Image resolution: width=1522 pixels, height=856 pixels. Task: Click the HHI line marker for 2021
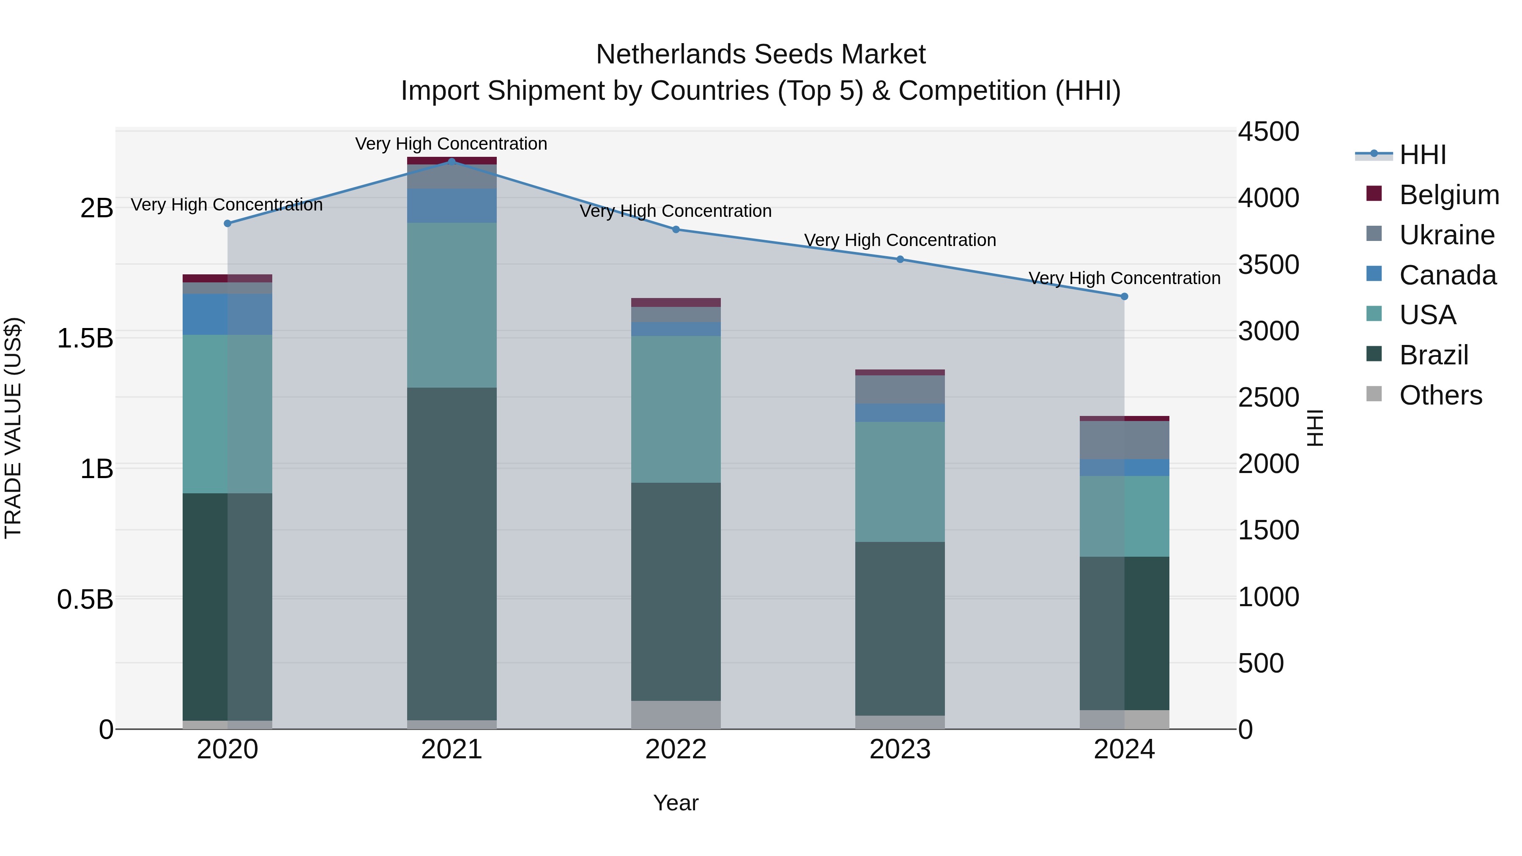click(x=452, y=162)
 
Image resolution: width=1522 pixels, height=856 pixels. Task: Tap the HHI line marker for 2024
click(x=1124, y=297)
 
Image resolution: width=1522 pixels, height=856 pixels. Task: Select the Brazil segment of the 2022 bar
click(x=676, y=591)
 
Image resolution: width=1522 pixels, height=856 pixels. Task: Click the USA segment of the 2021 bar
click(x=452, y=305)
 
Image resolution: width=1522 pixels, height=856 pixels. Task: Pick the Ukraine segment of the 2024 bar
click(x=1124, y=440)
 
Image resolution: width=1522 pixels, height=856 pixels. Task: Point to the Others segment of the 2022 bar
click(x=676, y=715)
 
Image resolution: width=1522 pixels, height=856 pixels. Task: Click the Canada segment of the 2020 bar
click(x=227, y=314)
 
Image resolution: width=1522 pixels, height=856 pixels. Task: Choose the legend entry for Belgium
click(x=1449, y=195)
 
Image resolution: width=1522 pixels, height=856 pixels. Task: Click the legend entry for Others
click(x=1440, y=395)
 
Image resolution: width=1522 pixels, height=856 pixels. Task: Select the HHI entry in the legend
click(x=1422, y=155)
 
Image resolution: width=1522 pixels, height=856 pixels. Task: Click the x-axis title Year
click(x=676, y=803)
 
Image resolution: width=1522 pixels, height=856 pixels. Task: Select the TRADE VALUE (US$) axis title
click(x=13, y=428)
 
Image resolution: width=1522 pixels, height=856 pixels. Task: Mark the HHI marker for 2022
click(x=676, y=229)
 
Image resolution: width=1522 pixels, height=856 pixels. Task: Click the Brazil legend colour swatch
click(x=1374, y=355)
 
